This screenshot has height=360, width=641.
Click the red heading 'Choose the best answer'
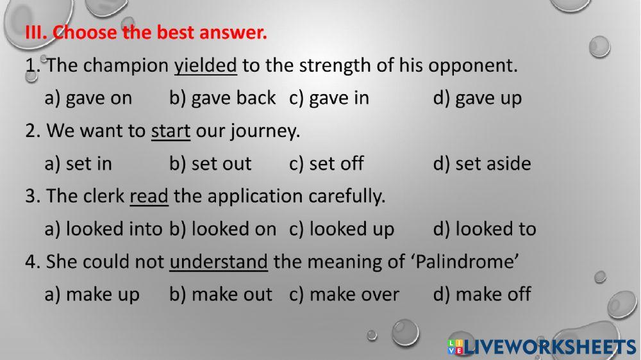pos(146,32)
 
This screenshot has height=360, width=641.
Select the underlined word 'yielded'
pos(206,65)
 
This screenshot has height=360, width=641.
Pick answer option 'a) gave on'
pos(88,98)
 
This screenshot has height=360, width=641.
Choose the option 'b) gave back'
pos(222,98)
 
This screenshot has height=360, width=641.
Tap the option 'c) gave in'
pos(329,98)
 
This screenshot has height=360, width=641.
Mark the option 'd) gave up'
pos(478,98)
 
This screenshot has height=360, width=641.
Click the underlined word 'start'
pos(171,131)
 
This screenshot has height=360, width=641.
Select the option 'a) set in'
pos(78,163)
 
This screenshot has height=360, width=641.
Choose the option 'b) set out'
pos(210,163)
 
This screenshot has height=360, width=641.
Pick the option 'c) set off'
pos(327,163)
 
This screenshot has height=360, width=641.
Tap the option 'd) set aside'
pos(482,163)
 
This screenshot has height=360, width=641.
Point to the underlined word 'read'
pos(149,196)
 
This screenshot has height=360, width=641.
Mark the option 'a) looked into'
pos(103,229)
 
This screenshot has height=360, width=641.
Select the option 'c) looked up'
pos(342,229)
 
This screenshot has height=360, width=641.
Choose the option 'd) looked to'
pos(485,229)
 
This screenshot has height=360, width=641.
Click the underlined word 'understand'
pos(219,261)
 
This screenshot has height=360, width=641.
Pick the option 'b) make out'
pos(221,294)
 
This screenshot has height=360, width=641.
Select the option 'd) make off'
pos(482,294)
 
